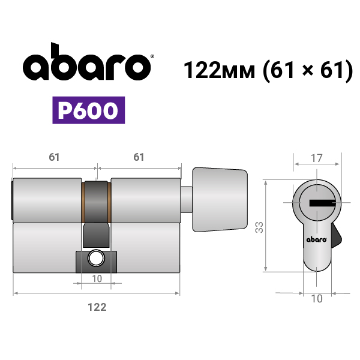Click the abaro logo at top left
[x=87, y=62]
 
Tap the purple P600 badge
[x=89, y=110]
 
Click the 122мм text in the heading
[x=219, y=70]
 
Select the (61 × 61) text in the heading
[x=308, y=70]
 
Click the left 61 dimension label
[x=54, y=157]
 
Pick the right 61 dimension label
[x=139, y=157]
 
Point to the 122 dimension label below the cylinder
[x=97, y=307]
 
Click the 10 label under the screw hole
[x=97, y=279]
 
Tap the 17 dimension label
[x=317, y=158]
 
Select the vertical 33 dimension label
[x=259, y=227]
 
